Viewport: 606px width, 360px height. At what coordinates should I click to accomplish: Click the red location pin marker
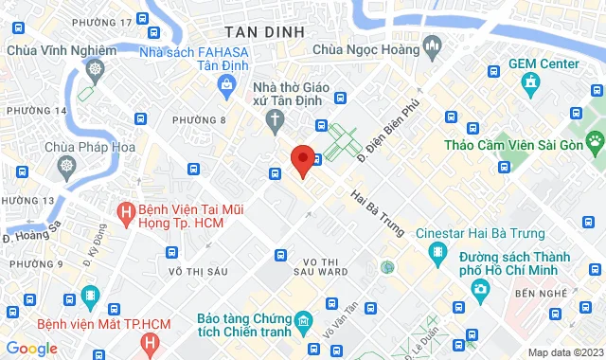click(x=303, y=160)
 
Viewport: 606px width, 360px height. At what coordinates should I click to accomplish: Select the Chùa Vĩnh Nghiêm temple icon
click(x=95, y=69)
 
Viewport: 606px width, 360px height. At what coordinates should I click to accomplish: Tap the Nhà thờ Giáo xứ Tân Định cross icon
click(x=275, y=119)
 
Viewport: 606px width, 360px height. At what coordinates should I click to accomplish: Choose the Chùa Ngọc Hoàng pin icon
click(x=433, y=45)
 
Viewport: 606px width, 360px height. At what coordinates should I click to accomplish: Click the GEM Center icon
click(x=530, y=82)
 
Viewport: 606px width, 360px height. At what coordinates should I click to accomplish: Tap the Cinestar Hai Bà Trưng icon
click(x=436, y=252)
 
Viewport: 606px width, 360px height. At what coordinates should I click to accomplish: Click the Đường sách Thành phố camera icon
click(x=481, y=288)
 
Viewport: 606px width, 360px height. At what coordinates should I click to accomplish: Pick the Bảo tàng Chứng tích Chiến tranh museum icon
click(x=301, y=322)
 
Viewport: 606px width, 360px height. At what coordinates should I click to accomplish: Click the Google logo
click(x=31, y=348)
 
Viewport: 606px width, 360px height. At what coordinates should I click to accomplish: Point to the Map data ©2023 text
click(x=563, y=352)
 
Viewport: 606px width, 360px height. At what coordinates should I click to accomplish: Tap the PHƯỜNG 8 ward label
click(x=210, y=119)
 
